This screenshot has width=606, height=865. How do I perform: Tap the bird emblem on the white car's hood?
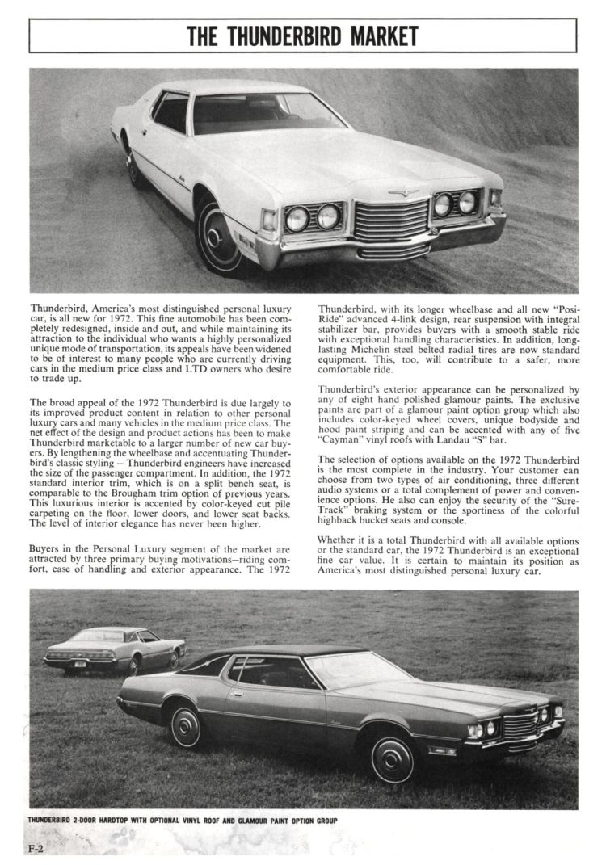(402, 192)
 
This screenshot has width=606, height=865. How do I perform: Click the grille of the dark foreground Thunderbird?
(520, 724)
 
